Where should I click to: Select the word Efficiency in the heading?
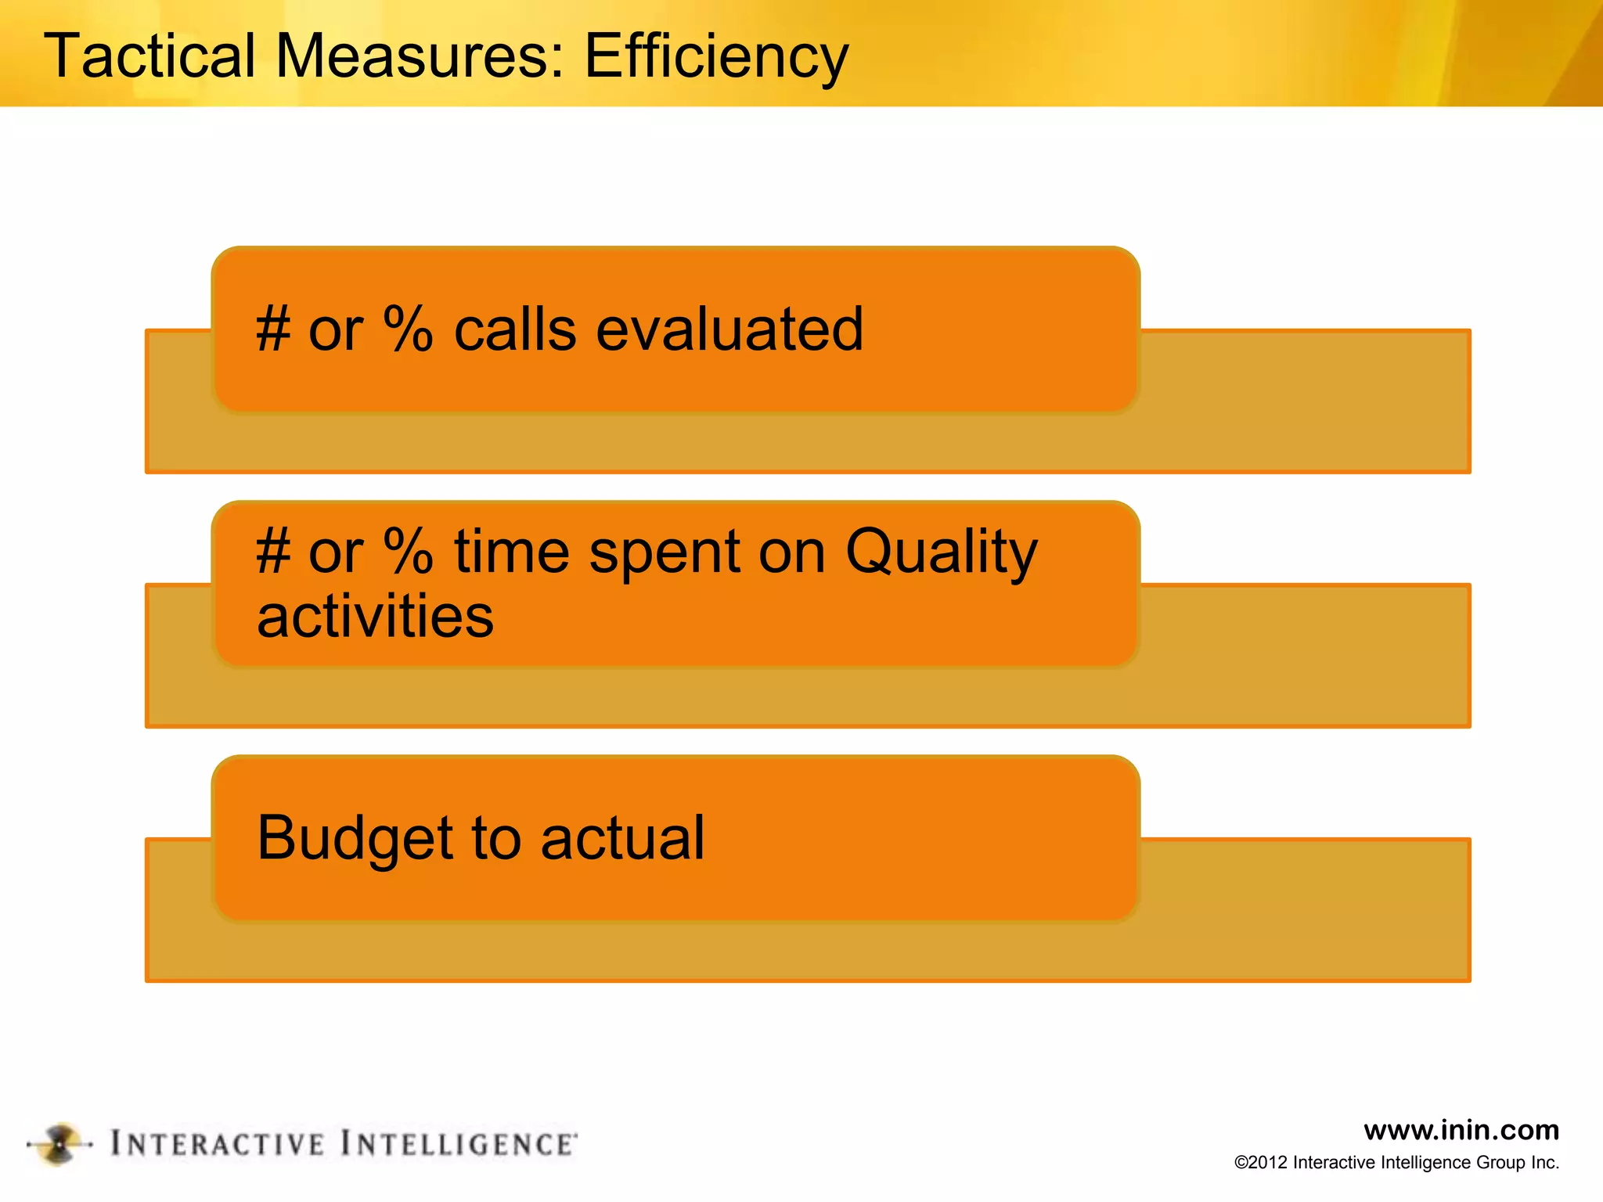point(716,56)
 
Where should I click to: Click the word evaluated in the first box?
point(729,329)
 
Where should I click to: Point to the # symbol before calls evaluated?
point(273,329)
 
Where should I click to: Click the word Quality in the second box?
point(941,552)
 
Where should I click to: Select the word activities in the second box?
point(375,616)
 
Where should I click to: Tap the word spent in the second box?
point(665,552)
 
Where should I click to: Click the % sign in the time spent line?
point(408,551)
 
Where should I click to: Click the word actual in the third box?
point(622,839)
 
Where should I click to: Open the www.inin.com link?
point(1461,1130)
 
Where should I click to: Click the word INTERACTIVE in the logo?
point(217,1144)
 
